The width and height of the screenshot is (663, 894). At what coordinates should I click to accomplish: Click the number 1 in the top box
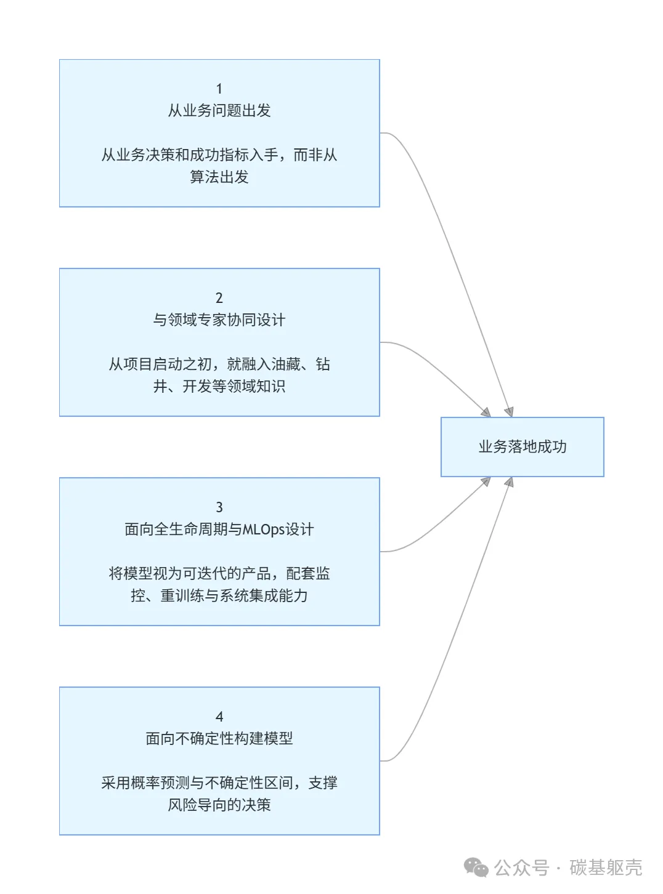click(219, 89)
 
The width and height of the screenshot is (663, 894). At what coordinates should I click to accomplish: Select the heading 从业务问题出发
click(219, 111)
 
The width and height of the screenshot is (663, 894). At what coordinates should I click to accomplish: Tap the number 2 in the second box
click(219, 298)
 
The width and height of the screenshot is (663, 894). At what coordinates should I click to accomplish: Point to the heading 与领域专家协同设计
click(219, 320)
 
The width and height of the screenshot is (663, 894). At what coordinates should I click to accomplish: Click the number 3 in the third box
click(219, 507)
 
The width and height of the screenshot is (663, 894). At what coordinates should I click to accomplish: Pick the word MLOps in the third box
click(263, 530)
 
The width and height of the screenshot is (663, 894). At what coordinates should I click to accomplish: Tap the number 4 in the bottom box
click(219, 717)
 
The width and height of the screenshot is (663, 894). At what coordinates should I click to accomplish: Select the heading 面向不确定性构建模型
click(219, 739)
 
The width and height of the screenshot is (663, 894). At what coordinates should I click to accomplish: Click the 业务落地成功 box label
click(523, 447)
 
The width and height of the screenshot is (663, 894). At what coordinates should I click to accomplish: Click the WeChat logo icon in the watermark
click(476, 868)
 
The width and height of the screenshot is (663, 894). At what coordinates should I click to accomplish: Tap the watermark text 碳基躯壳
click(606, 868)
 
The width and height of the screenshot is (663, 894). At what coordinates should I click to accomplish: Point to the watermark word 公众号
click(521, 868)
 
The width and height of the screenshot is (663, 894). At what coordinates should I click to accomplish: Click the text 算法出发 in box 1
click(219, 177)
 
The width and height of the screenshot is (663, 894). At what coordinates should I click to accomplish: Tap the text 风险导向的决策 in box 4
click(219, 805)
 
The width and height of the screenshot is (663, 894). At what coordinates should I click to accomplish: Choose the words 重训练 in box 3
click(182, 596)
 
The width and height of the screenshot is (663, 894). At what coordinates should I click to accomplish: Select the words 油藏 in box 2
click(286, 364)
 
